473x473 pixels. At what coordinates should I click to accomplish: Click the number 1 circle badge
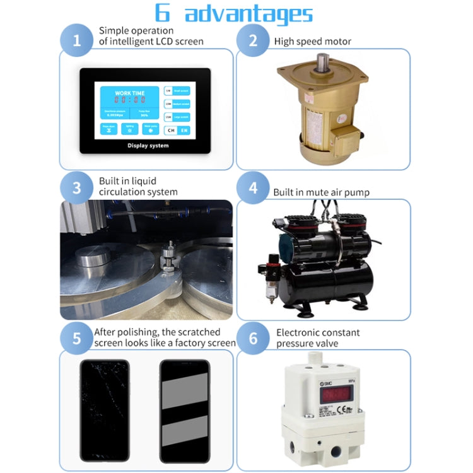tap(77, 41)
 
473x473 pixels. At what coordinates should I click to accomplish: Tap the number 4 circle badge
tap(254, 188)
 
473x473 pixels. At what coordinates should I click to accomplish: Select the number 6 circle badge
tap(254, 337)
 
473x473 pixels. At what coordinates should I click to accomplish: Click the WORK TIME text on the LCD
tap(129, 93)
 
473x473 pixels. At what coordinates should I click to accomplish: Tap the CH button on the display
tap(170, 130)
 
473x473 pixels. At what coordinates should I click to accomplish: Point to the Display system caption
tap(148, 145)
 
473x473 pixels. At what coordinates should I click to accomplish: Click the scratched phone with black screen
tap(104, 410)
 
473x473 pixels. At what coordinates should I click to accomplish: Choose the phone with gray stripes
tap(184, 410)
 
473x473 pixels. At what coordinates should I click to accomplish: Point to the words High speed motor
tap(312, 42)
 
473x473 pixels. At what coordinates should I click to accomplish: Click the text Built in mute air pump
tap(321, 192)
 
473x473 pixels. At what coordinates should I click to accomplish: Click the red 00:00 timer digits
tap(129, 100)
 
